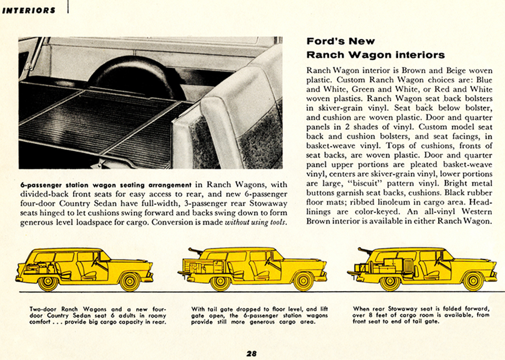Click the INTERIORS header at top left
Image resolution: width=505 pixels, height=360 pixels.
click(29, 11)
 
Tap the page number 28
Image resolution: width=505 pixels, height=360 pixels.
click(251, 353)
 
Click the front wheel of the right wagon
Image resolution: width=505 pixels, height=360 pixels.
click(473, 281)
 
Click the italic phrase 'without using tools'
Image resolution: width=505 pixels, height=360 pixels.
click(256, 222)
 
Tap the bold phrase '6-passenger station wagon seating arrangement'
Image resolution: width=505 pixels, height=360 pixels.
click(106, 184)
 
